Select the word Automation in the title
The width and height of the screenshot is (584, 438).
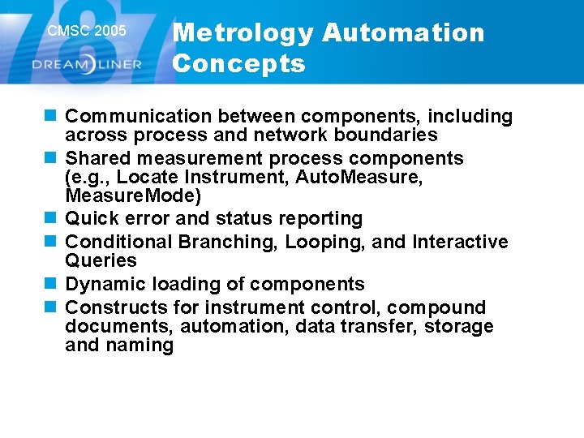pos(403,33)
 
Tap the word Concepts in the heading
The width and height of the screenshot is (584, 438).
pos(238,63)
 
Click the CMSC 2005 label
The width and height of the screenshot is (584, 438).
pos(87,32)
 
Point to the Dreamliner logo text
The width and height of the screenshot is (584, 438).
pos(88,64)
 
